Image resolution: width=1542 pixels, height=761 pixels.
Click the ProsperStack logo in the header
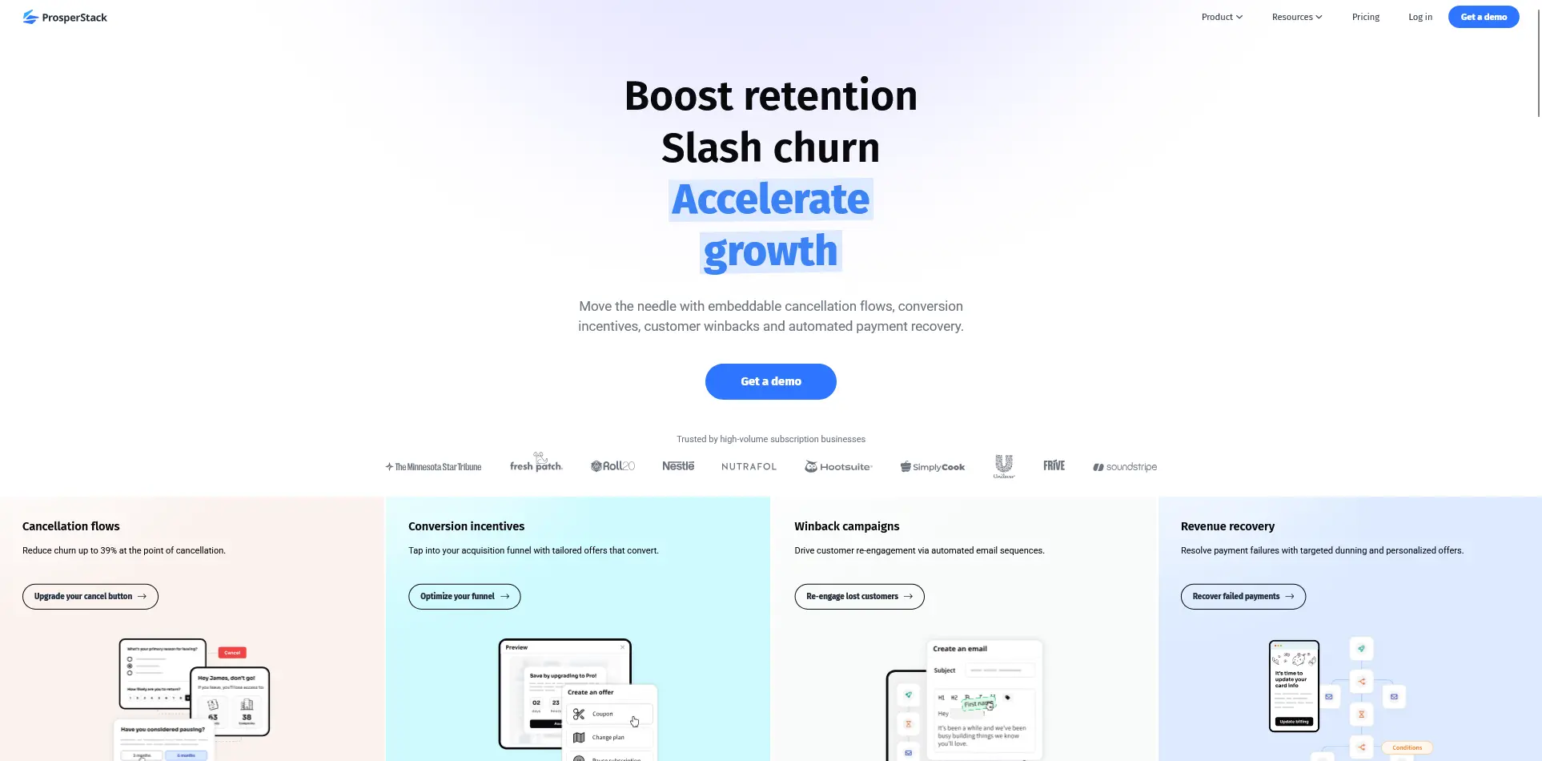click(65, 17)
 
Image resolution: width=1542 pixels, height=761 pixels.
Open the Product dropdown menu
click(1222, 17)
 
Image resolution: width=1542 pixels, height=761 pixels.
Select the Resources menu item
click(1296, 17)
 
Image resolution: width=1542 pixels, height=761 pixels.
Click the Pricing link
click(1365, 17)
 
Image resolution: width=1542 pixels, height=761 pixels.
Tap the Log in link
click(1420, 17)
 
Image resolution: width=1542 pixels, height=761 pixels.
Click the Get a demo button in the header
click(1483, 17)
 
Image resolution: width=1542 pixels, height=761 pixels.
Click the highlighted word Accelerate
click(770, 199)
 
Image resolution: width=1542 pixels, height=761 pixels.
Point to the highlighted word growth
click(770, 252)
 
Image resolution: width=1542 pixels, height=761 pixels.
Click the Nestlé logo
click(678, 466)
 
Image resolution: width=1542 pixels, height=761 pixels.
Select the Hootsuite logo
click(838, 467)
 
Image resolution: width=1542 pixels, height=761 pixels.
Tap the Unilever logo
click(1004, 465)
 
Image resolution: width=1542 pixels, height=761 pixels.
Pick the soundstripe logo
click(1125, 467)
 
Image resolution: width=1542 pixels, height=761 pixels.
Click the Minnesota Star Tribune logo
click(433, 467)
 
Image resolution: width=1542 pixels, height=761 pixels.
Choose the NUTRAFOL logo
click(749, 467)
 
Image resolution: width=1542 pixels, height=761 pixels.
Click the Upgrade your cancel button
click(90, 597)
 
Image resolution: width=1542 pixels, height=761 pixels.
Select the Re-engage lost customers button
click(859, 597)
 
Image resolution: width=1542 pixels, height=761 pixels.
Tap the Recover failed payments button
click(1243, 597)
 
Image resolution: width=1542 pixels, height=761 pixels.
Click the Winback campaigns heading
click(846, 526)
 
